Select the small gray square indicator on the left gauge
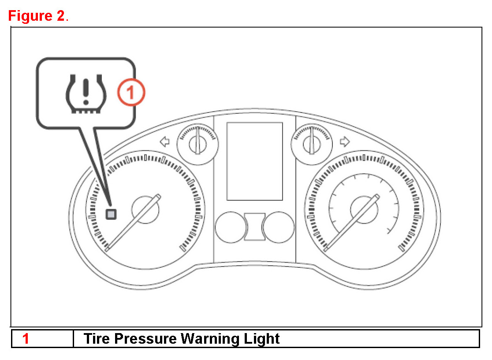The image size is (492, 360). (x=111, y=214)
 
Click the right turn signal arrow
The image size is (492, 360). (x=345, y=142)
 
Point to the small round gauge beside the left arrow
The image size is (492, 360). (x=197, y=143)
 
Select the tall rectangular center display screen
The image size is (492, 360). (x=254, y=161)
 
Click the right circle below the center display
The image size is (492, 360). (x=278, y=227)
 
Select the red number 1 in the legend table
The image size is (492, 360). (x=26, y=339)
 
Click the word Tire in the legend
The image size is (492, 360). (x=97, y=339)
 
